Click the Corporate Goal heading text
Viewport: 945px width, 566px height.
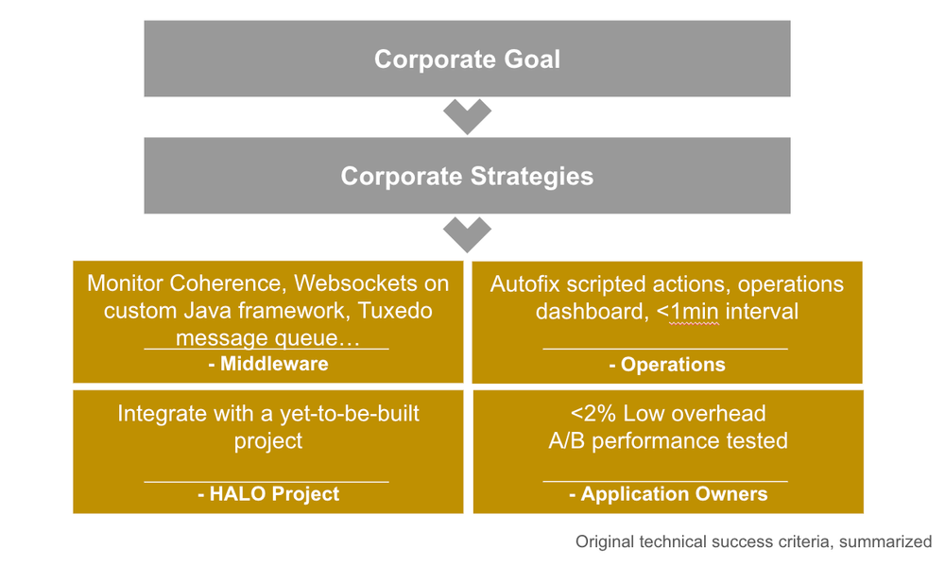click(x=467, y=59)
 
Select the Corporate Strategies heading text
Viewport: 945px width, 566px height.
click(x=467, y=177)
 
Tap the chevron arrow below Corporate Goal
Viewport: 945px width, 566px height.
click(x=467, y=116)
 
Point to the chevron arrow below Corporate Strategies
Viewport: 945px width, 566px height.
click(x=467, y=233)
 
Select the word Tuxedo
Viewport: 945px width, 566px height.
click(x=391, y=311)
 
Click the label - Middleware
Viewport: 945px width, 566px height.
click(x=267, y=364)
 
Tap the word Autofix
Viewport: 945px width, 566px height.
click(x=525, y=284)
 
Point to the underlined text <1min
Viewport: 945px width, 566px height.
click(x=694, y=311)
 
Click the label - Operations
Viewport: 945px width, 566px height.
click(x=667, y=364)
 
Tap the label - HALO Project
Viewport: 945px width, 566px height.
click(x=267, y=493)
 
